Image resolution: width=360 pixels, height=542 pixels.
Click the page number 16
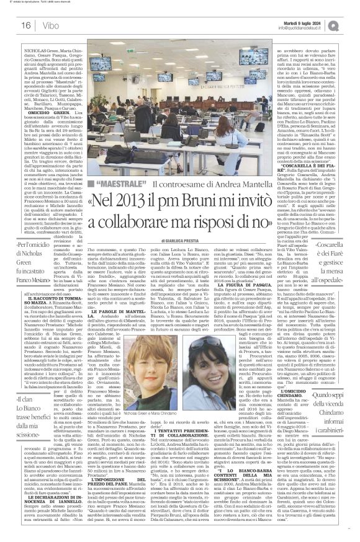(x=12, y=25)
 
